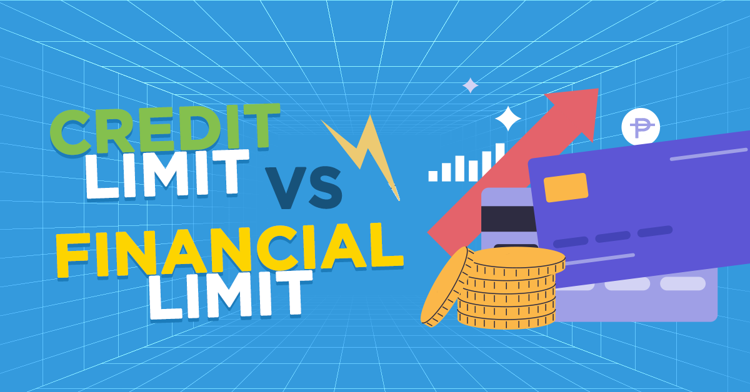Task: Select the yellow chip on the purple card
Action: pos(566,187)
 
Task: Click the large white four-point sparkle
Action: pos(507,119)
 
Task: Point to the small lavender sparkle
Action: pos(470,86)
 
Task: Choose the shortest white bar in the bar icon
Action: pos(433,175)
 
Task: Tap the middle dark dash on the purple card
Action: pos(612,237)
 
